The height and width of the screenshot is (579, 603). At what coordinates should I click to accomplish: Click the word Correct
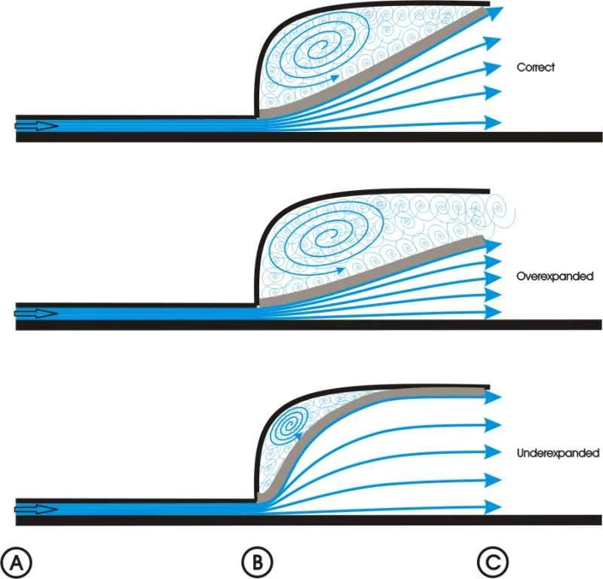coord(536,67)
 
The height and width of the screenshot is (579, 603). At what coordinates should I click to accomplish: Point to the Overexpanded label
coord(554,277)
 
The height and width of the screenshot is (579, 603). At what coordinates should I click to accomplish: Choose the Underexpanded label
coord(558,454)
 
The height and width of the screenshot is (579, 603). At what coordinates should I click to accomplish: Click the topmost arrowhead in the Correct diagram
coord(494,12)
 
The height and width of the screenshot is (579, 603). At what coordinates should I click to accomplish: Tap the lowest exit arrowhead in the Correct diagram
coord(493,121)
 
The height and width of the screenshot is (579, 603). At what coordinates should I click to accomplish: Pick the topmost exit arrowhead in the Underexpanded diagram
coord(493,397)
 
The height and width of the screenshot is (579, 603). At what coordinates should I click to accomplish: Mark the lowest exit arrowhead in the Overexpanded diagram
coord(493,311)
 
